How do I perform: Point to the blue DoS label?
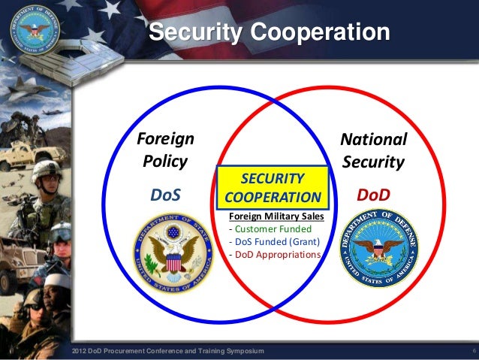[x=166, y=195]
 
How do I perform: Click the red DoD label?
[x=373, y=195]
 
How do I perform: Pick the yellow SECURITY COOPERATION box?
[x=273, y=188]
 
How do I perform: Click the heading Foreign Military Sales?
[x=273, y=218]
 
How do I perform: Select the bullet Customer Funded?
[x=268, y=230]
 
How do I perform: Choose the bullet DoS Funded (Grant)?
[x=274, y=242]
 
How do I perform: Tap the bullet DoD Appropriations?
[x=274, y=255]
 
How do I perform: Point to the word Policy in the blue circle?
[x=165, y=162]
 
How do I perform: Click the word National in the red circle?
[x=373, y=140]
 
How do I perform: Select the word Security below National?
[x=372, y=162]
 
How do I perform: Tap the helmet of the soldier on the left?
[x=47, y=170]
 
